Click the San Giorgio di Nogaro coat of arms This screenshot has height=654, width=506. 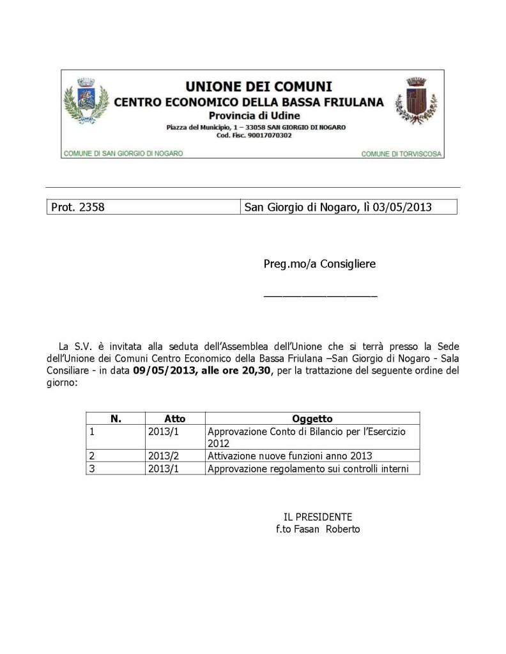pos(86,100)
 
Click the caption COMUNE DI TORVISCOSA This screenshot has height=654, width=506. pos(401,154)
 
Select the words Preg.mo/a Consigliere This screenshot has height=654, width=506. pos(319,264)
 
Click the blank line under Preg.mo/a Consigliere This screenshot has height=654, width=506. pos(320,296)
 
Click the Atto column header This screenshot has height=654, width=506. pos(174,419)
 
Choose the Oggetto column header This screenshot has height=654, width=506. pos(312,419)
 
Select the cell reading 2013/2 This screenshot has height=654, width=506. pos(159,456)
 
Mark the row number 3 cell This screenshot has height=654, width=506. pos(93,469)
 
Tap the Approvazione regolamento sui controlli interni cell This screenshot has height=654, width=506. pos(313,469)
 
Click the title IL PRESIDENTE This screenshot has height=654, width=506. pos(318,517)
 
